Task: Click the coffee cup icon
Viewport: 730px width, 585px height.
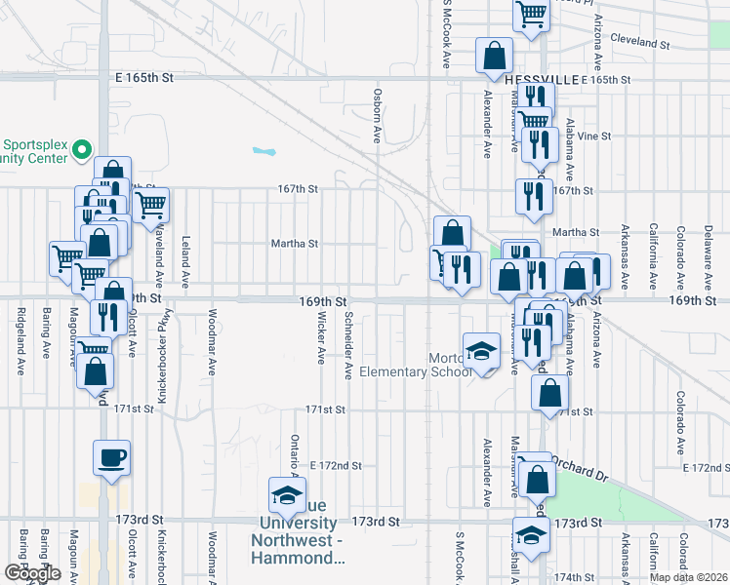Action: (x=111, y=457)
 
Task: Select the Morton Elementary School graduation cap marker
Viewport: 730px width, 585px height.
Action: (x=479, y=352)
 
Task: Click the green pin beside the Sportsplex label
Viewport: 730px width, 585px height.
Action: (x=82, y=151)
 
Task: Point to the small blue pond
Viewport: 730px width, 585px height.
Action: (x=263, y=151)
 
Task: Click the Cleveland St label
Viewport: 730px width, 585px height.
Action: (x=639, y=44)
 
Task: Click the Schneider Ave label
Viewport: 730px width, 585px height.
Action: (x=347, y=346)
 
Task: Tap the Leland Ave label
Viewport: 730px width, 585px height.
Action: (x=184, y=264)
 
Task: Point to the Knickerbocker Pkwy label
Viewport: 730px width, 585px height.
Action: (x=163, y=356)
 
